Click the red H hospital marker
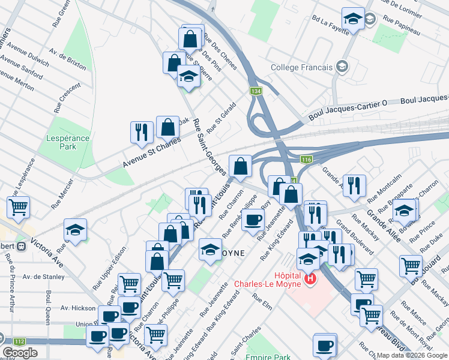(310, 279)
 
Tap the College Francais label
(301, 67)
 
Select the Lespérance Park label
(68, 143)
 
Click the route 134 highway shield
(255, 90)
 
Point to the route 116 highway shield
(306, 159)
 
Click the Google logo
(20, 353)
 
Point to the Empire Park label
(268, 356)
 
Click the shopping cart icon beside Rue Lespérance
(19, 207)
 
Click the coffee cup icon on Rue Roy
(253, 219)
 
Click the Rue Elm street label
(262, 299)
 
